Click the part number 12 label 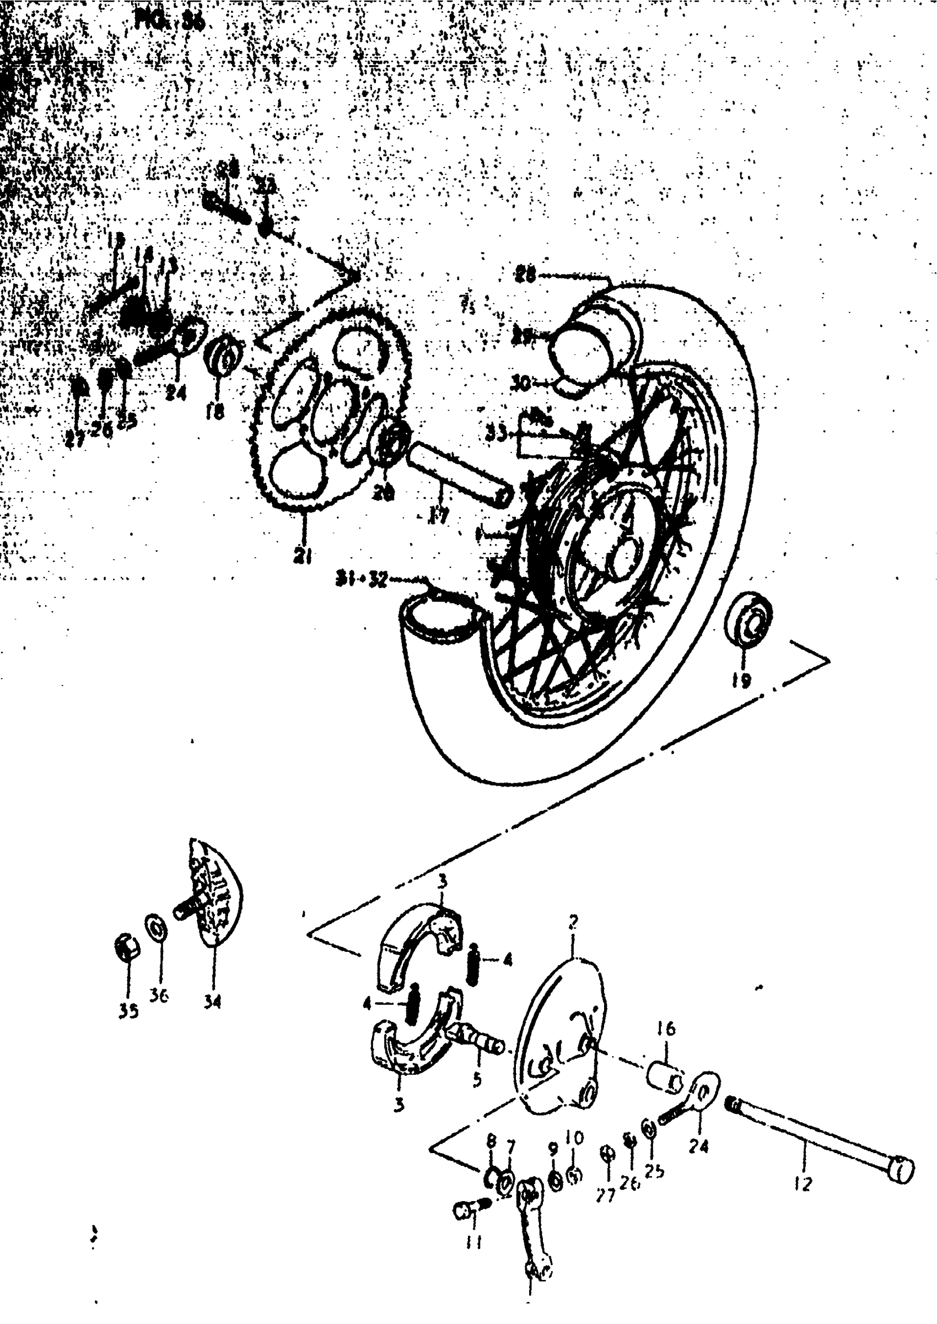(x=803, y=1185)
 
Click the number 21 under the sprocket (x=303, y=556)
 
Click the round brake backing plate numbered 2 (x=563, y=1038)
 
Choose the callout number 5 (x=477, y=1078)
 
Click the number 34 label (x=212, y=1003)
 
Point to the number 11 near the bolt (x=474, y=1241)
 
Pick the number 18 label (x=215, y=411)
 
